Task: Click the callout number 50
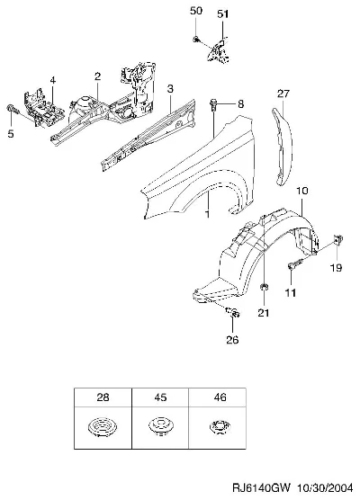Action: [x=196, y=11]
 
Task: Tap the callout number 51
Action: [x=223, y=14]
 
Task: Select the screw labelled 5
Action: [x=12, y=109]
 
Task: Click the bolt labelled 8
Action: [x=213, y=104]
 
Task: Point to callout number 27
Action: [x=283, y=94]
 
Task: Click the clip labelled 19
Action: [x=338, y=238]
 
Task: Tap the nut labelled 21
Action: [x=265, y=287]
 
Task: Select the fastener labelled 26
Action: [x=233, y=313]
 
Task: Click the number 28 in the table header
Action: [x=103, y=397]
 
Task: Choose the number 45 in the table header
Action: [x=160, y=397]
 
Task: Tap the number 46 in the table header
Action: [x=220, y=397]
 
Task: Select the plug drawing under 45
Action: [x=160, y=426]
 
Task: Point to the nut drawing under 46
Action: [x=220, y=426]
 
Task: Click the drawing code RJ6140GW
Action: [x=261, y=488]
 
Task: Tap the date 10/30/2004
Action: [x=325, y=488]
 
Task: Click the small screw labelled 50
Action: [x=196, y=40]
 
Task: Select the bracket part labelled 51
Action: [x=219, y=50]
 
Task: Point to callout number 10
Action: [x=301, y=191]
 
